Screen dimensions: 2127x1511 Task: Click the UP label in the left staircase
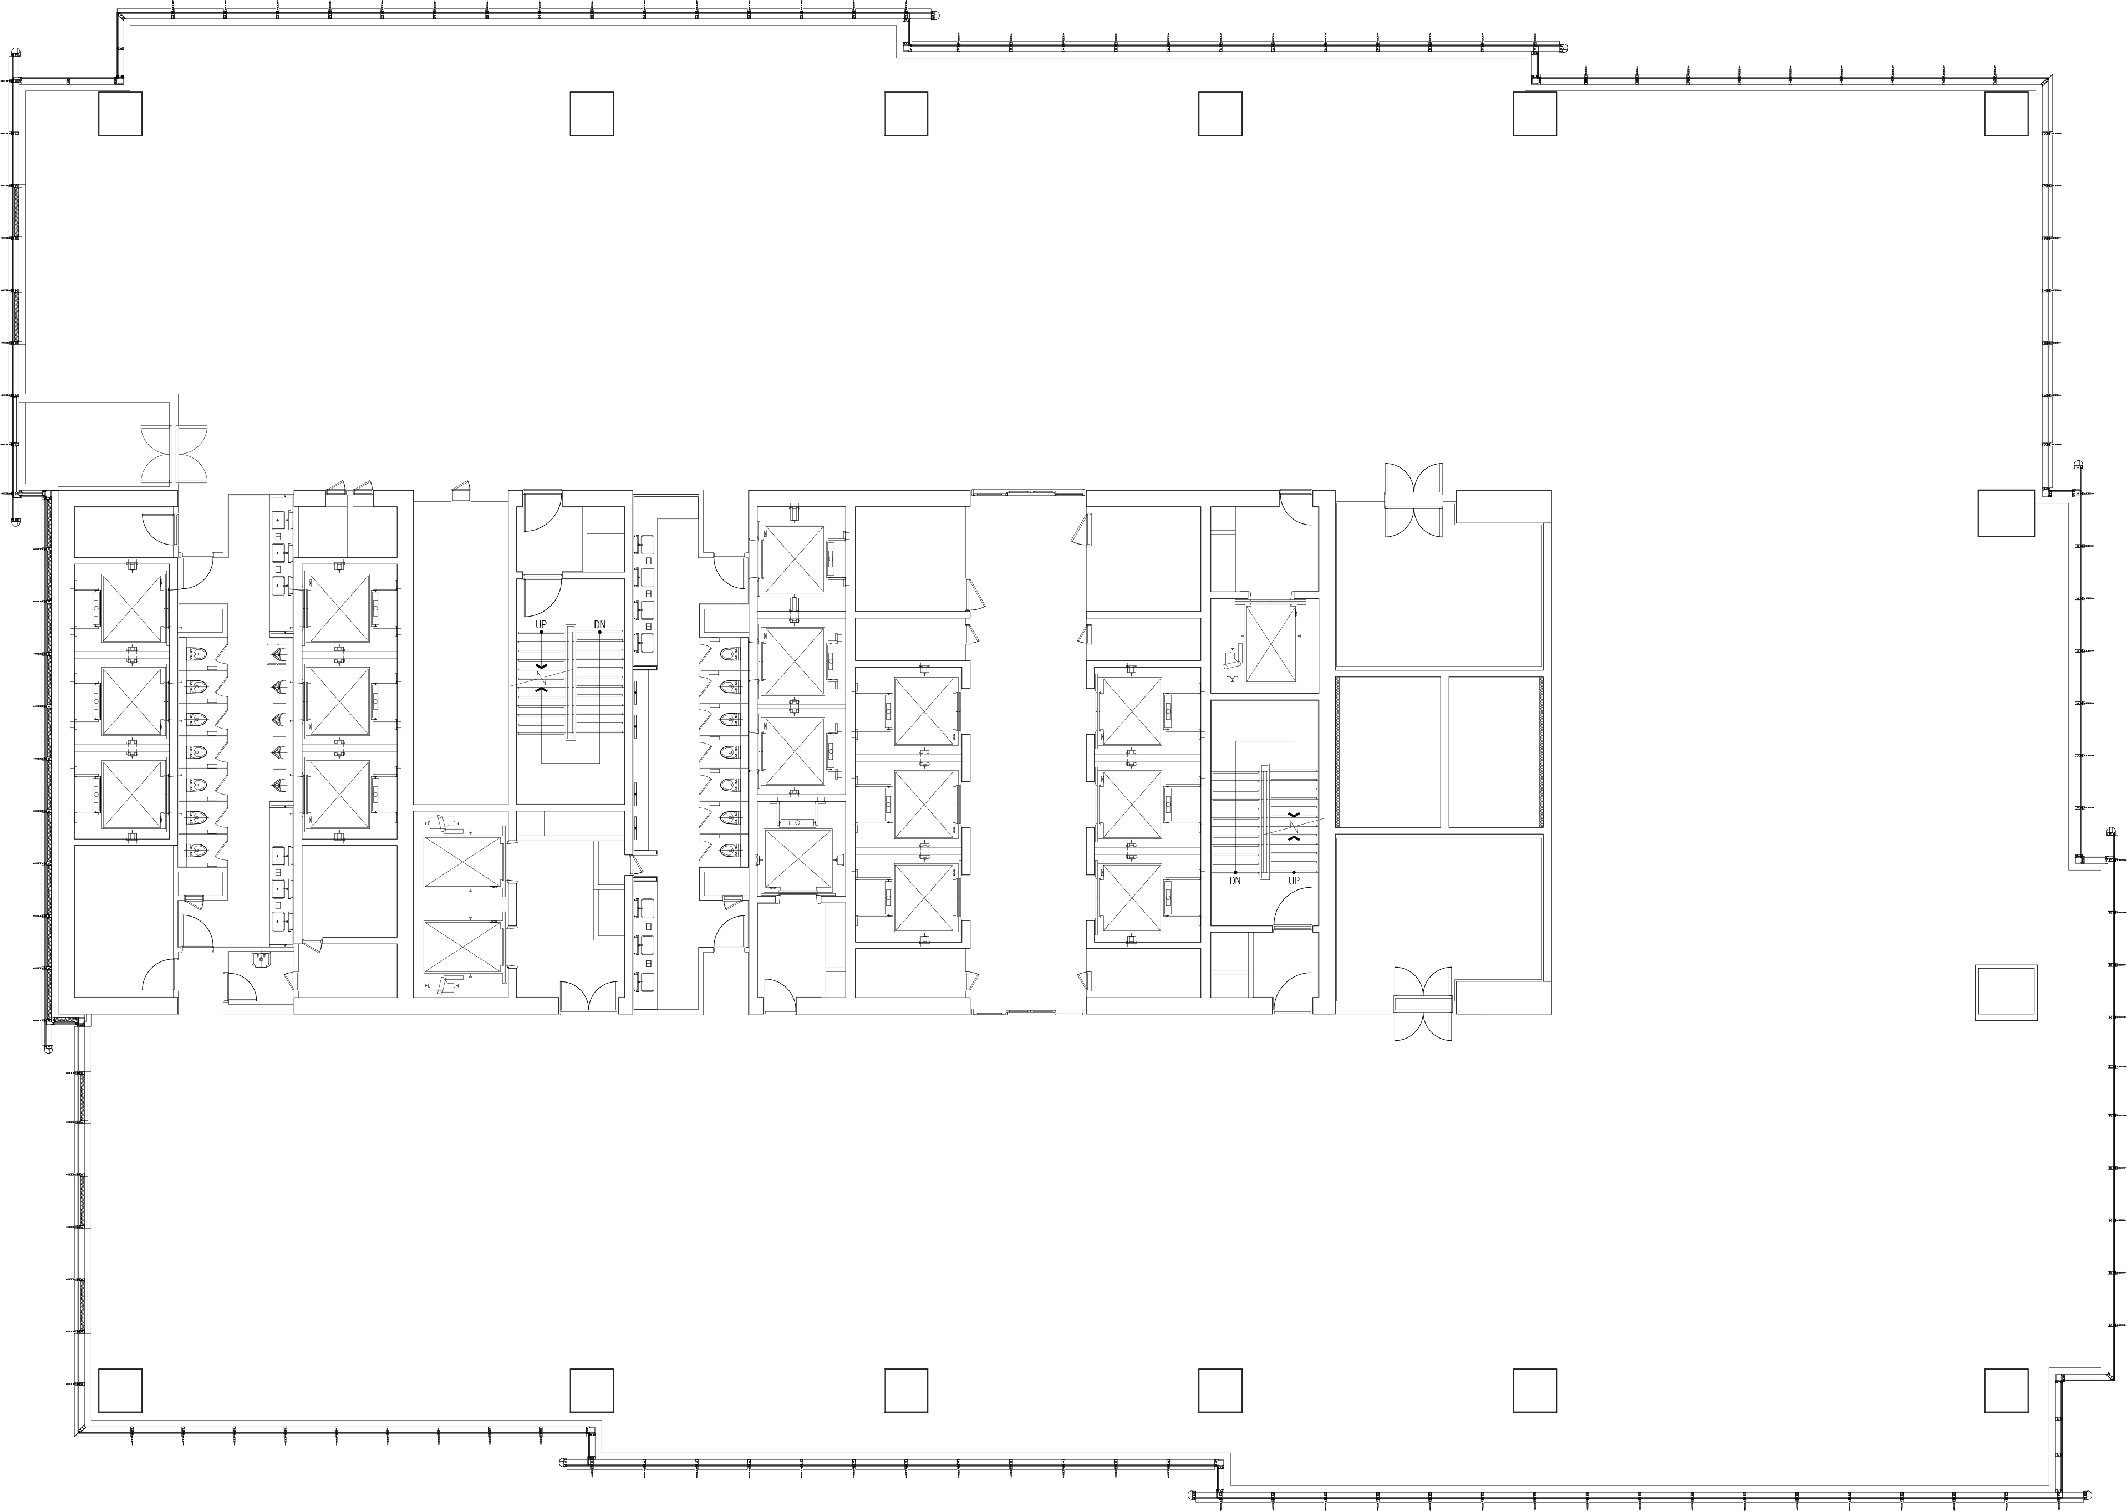(x=542, y=624)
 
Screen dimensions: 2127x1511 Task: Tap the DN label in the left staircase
(x=599, y=624)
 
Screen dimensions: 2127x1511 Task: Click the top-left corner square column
(x=120, y=114)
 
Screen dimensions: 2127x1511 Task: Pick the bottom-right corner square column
(x=2006, y=1390)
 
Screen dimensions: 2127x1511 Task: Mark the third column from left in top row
(x=905, y=114)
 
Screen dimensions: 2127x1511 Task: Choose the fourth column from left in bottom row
(x=1220, y=1390)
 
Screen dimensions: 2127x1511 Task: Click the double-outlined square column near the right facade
(x=2006, y=993)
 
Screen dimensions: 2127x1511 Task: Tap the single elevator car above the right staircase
(x=1270, y=643)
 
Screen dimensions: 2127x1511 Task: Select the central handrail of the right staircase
(x=1264, y=822)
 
